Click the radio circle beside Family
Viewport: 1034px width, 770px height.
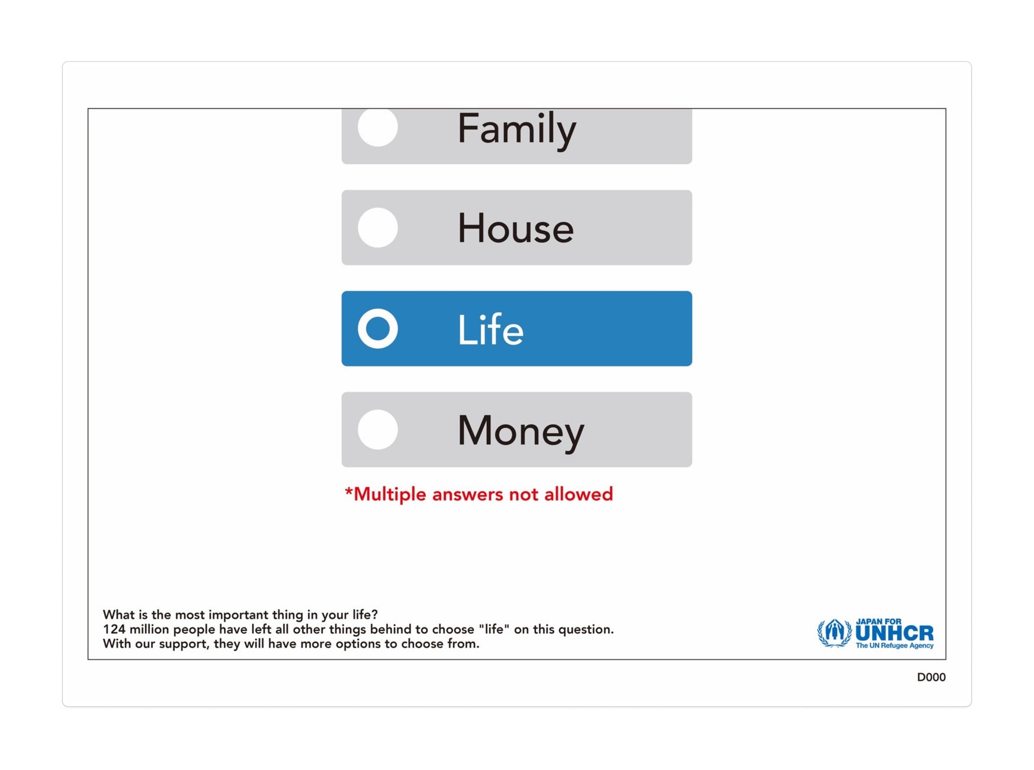[x=378, y=127]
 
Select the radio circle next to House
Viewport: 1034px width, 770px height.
[x=378, y=228]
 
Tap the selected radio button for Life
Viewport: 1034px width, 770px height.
[x=378, y=329]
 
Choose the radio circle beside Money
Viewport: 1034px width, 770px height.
[x=378, y=430]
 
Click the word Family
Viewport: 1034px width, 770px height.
[x=517, y=130]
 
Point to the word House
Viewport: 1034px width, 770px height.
[x=516, y=228]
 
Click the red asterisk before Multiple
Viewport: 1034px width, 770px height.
[x=349, y=491]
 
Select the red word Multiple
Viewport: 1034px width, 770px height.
[x=390, y=495]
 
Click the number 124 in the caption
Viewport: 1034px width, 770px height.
[x=114, y=629]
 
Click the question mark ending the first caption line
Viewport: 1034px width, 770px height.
[x=374, y=614]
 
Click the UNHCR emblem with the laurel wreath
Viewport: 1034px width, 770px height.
[x=835, y=633]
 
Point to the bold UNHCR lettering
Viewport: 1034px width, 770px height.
[x=894, y=634]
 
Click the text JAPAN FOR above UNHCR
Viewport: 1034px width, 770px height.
[x=879, y=622]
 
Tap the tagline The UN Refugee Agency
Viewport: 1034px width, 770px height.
[x=894, y=645]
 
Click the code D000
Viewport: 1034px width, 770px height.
[x=931, y=678]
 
